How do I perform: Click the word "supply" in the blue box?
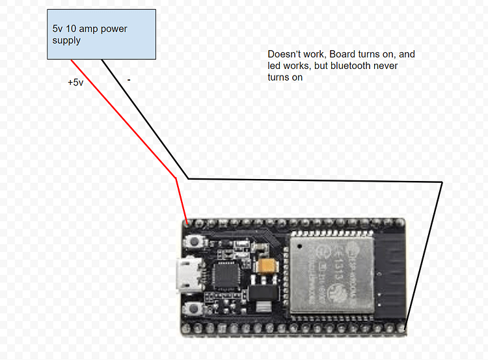pos(66,40)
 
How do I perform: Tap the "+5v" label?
pos(75,83)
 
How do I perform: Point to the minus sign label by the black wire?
pos(129,80)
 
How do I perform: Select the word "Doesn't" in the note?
pos(284,55)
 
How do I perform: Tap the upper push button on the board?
pos(193,243)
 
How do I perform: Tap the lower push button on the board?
pos(193,311)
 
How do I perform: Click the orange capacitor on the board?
pos(267,267)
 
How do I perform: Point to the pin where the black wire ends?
pos(404,329)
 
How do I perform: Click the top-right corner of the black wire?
pos(442,182)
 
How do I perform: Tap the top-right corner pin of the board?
pos(404,223)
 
